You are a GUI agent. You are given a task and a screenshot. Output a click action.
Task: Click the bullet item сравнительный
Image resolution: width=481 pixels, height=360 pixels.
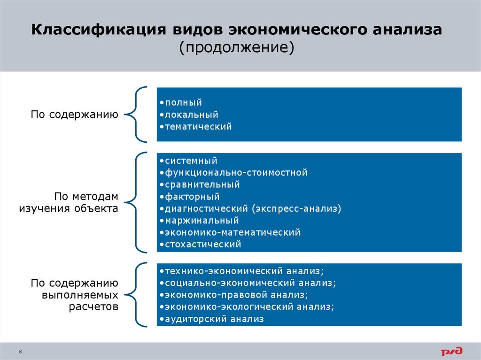(x=202, y=184)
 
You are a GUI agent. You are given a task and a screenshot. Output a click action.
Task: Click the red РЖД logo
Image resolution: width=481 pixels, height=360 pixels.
(x=451, y=350)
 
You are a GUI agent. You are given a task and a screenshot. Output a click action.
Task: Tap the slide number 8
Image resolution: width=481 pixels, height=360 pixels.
(x=20, y=351)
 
